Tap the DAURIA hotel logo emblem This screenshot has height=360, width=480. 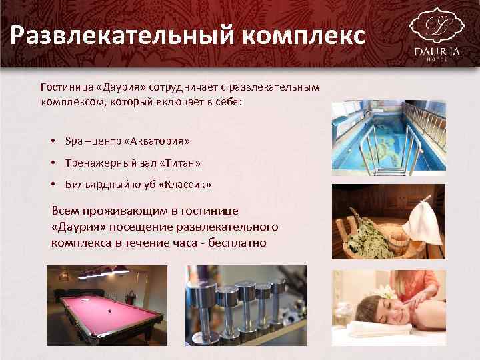tap(436, 25)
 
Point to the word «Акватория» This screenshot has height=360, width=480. tap(158, 141)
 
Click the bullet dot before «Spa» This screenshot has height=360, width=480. tap(51, 141)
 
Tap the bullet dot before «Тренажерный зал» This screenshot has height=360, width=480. tap(51, 163)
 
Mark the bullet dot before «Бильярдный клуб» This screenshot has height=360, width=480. tap(51, 184)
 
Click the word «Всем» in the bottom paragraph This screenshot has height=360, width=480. tap(65, 211)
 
